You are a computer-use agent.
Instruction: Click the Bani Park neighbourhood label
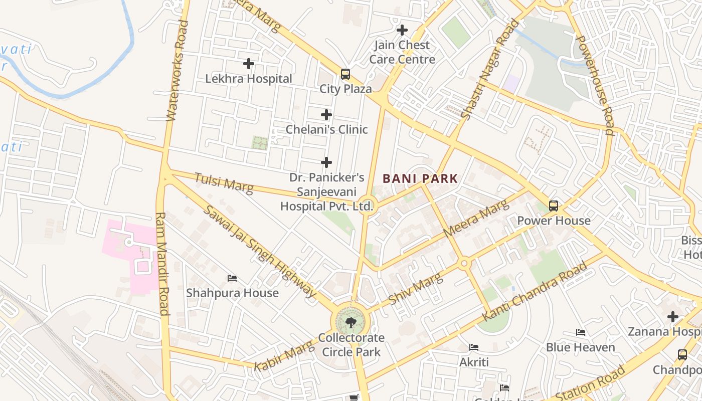(420, 178)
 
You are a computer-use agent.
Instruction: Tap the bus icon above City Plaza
(345, 74)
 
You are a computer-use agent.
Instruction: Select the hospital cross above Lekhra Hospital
(248, 64)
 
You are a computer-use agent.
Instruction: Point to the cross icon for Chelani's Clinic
(326, 115)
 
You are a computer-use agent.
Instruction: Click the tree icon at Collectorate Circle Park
(351, 322)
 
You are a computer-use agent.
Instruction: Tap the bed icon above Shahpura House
(232, 278)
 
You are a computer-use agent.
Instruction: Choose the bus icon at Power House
(554, 206)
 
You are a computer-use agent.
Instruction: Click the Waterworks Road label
(178, 70)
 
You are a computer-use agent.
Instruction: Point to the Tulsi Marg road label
(224, 182)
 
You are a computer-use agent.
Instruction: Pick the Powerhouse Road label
(595, 85)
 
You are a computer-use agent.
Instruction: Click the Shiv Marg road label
(416, 288)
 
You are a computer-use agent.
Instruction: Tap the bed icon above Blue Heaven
(581, 332)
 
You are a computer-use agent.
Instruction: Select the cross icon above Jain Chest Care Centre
(402, 30)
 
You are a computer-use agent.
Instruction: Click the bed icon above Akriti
(474, 347)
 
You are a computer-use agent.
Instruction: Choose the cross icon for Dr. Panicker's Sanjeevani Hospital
(326, 162)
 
